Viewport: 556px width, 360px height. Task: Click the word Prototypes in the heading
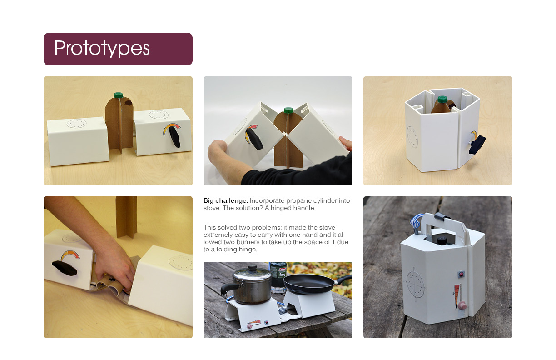click(x=102, y=48)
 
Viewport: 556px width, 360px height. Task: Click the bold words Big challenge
click(x=226, y=201)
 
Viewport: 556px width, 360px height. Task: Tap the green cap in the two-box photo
click(x=119, y=95)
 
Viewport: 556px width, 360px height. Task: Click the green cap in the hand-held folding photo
click(x=288, y=110)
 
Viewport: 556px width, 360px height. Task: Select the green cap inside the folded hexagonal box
click(x=442, y=99)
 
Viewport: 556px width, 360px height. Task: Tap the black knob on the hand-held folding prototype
click(x=254, y=139)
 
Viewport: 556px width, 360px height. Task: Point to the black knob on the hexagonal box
click(x=477, y=145)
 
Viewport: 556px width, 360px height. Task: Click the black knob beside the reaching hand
click(x=65, y=268)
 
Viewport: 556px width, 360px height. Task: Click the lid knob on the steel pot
click(x=253, y=268)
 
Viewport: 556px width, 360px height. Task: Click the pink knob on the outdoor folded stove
click(x=462, y=305)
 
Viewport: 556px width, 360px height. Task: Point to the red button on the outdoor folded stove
click(x=461, y=274)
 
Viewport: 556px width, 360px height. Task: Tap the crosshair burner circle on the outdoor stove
click(x=415, y=284)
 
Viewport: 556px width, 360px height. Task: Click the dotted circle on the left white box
click(x=77, y=124)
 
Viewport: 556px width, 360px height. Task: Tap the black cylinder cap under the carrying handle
click(x=442, y=240)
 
